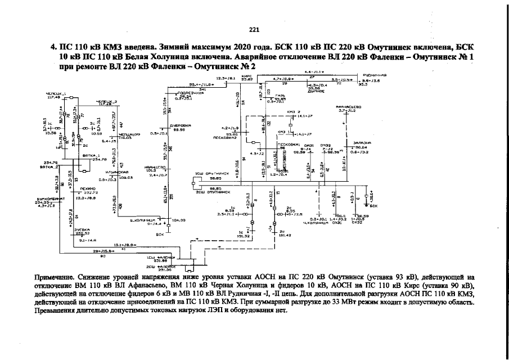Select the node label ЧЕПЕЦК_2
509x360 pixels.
[107, 101]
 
